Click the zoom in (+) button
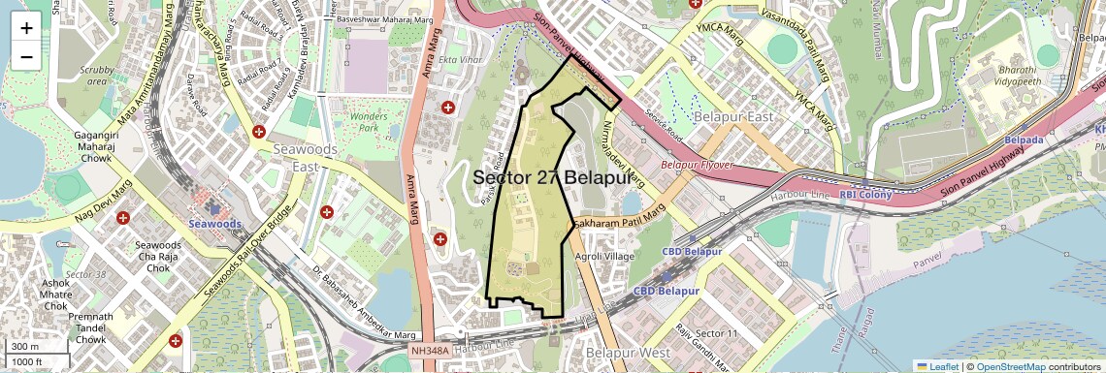click(26, 27)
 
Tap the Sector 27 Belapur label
click(551, 178)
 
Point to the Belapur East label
click(733, 117)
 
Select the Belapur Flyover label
click(697, 166)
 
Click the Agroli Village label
click(604, 257)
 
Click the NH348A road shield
click(430, 350)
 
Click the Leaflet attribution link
click(937, 366)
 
